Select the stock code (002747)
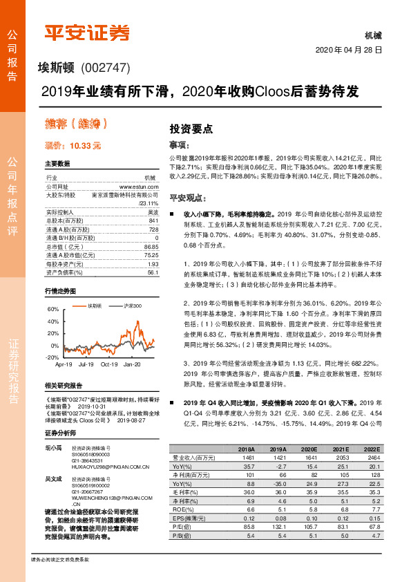pyautogui.click(x=106, y=69)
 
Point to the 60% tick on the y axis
pyautogui.click(x=52, y=310)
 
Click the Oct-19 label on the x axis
pyautogui.click(x=109, y=364)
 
